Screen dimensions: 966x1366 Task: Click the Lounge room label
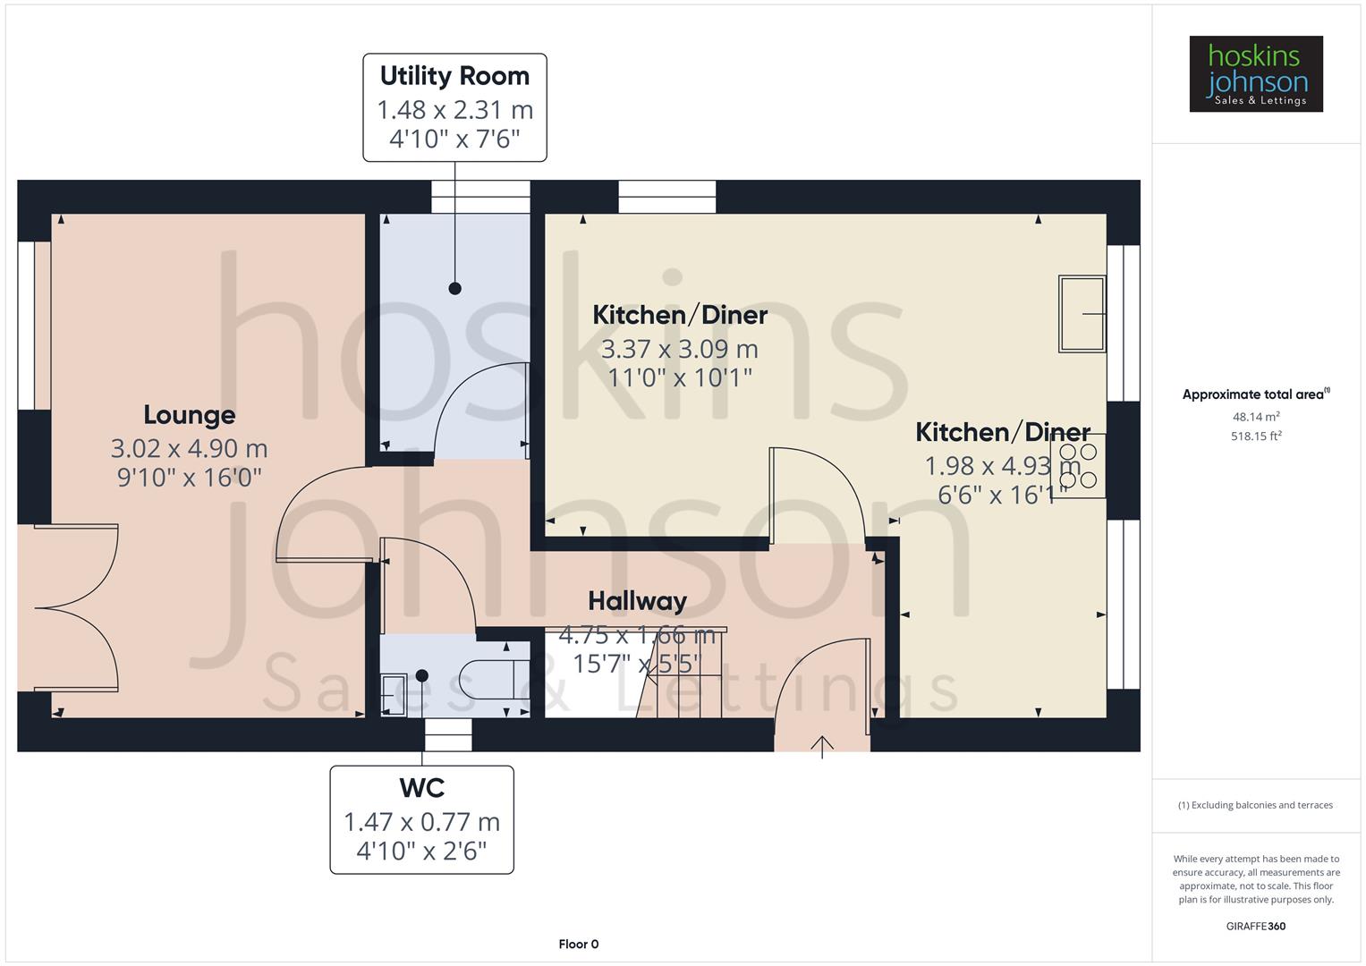190,415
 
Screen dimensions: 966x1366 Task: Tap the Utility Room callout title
454,76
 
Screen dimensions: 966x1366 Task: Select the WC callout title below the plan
421,788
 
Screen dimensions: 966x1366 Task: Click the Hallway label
637,601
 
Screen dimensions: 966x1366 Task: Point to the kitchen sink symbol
1082,314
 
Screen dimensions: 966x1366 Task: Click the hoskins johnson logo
1255,74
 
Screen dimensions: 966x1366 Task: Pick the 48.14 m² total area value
1255,417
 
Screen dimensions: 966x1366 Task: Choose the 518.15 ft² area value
1255,436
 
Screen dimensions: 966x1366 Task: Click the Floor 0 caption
578,945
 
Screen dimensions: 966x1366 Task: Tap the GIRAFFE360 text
1255,926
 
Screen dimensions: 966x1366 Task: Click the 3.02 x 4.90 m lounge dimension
190,448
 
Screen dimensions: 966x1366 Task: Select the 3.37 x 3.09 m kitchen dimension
679,349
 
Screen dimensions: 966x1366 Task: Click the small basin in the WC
393,695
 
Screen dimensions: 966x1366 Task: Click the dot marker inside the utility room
454,288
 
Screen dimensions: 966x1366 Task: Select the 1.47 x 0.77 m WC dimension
421,821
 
